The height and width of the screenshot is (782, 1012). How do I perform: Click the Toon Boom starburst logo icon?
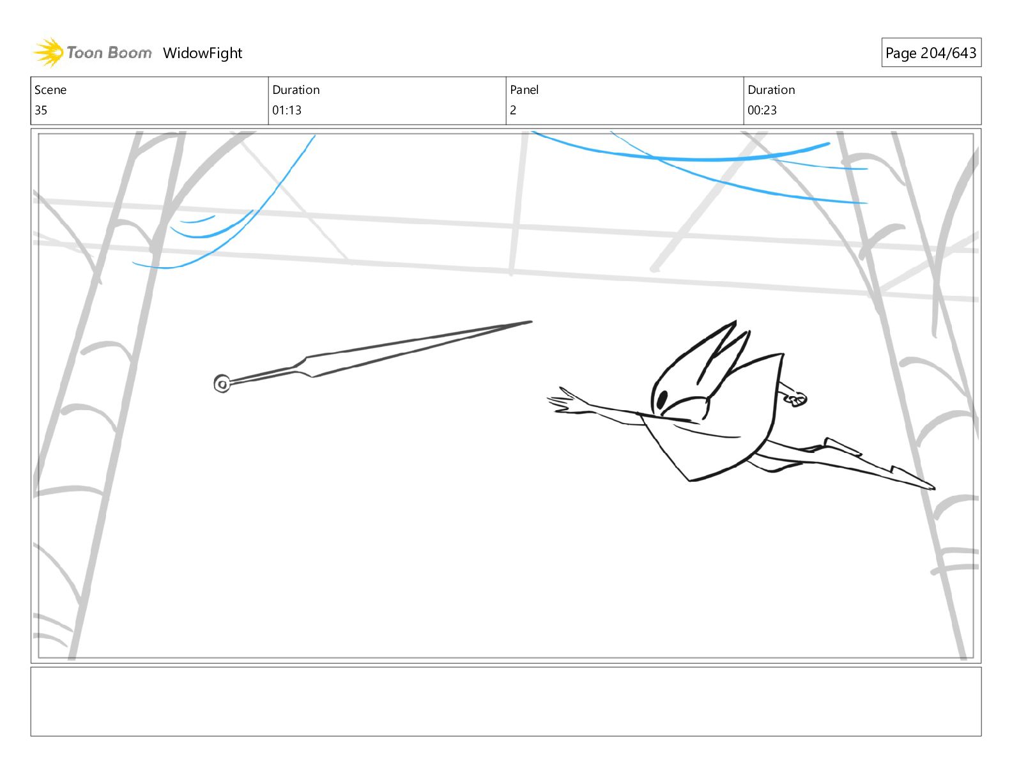pyautogui.click(x=48, y=52)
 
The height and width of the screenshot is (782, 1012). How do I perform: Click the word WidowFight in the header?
pyautogui.click(x=203, y=53)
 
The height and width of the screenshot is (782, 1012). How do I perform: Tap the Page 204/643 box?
pyautogui.click(x=931, y=53)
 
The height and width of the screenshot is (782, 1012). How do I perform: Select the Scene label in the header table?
pyautogui.click(x=50, y=90)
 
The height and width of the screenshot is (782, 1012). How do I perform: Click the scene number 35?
pyautogui.click(x=41, y=110)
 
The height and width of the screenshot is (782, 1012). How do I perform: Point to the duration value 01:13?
pyautogui.click(x=287, y=110)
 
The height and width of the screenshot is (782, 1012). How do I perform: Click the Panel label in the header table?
pyautogui.click(x=524, y=90)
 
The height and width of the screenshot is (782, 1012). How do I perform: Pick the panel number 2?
pyautogui.click(x=513, y=110)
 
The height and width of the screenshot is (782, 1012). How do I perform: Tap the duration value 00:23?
pyautogui.click(x=762, y=110)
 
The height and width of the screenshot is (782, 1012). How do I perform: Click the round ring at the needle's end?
pyautogui.click(x=222, y=384)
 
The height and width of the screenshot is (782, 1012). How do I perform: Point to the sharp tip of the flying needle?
pyautogui.click(x=530, y=322)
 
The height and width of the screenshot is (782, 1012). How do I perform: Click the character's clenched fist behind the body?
pyautogui.click(x=796, y=399)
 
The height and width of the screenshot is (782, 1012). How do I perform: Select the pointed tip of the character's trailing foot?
pyautogui.click(x=933, y=488)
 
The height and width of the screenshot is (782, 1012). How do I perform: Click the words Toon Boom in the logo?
pyautogui.click(x=109, y=52)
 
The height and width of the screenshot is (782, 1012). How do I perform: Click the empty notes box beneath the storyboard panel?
pyautogui.click(x=505, y=701)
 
